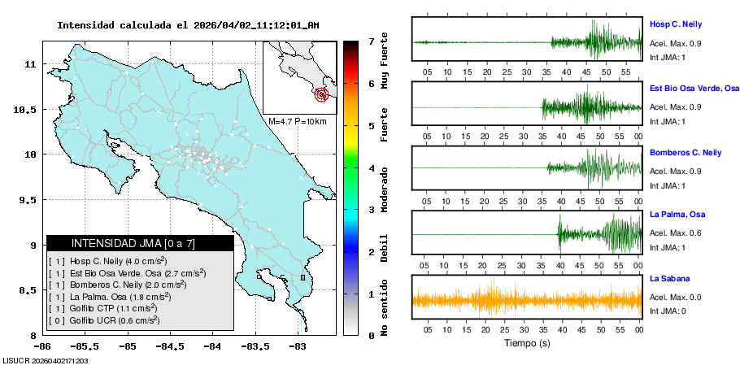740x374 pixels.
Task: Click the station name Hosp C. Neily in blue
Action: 675,24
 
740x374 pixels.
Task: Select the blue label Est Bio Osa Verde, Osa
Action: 694,88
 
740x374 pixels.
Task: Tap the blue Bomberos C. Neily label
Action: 685,153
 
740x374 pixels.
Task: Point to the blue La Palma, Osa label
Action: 677,215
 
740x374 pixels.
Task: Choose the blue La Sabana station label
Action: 669,279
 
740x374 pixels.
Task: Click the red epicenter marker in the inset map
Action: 322,94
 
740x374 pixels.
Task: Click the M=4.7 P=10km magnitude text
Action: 297,122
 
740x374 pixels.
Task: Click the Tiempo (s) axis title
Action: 526,343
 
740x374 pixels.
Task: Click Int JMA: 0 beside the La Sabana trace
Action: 668,311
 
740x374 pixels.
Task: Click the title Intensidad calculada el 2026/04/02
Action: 188,25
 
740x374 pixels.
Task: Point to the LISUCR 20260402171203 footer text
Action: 46,360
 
